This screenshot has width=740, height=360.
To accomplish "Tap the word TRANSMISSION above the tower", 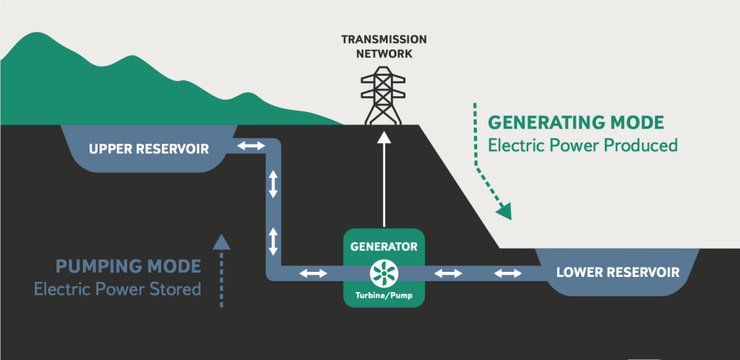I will click(383, 40).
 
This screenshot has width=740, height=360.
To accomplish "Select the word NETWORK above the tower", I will click(383, 53).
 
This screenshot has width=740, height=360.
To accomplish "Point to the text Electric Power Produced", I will click(582, 145).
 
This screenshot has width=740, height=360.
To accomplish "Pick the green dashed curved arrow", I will click(491, 163).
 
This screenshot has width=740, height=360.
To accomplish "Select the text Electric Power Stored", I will click(117, 289).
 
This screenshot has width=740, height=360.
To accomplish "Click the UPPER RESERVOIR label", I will click(148, 150).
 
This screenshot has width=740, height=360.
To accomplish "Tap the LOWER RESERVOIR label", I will click(618, 273).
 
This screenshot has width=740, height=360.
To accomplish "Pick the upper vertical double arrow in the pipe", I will click(273, 184).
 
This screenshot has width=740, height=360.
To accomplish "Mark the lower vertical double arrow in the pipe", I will click(273, 240).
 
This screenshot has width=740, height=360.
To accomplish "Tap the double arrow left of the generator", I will click(313, 273).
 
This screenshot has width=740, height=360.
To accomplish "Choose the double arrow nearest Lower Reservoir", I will click(507, 273).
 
